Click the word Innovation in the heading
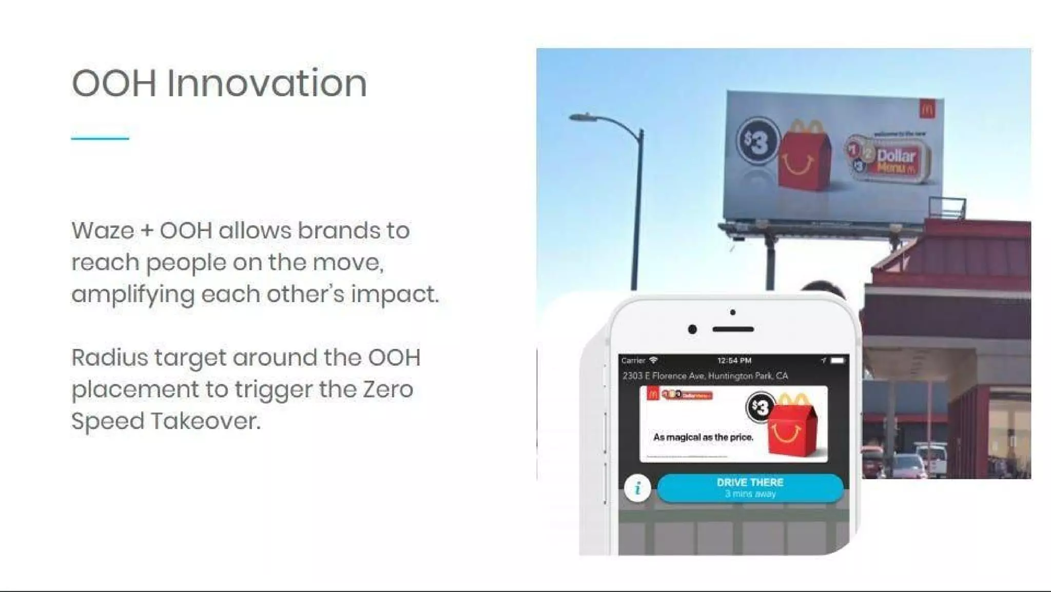[x=267, y=83]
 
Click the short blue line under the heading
[x=100, y=138]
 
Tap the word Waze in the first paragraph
[x=103, y=231]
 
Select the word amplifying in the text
[x=133, y=295]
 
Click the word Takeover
[x=206, y=421]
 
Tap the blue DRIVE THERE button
[x=750, y=487]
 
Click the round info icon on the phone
[x=637, y=488]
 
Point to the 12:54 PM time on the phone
[x=734, y=361]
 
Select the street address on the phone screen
[x=705, y=376]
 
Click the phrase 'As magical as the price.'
[x=703, y=437]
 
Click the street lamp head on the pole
[x=583, y=117]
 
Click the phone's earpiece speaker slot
[x=733, y=329]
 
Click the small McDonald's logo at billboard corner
[x=927, y=109]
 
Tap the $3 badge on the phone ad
[x=761, y=407]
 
